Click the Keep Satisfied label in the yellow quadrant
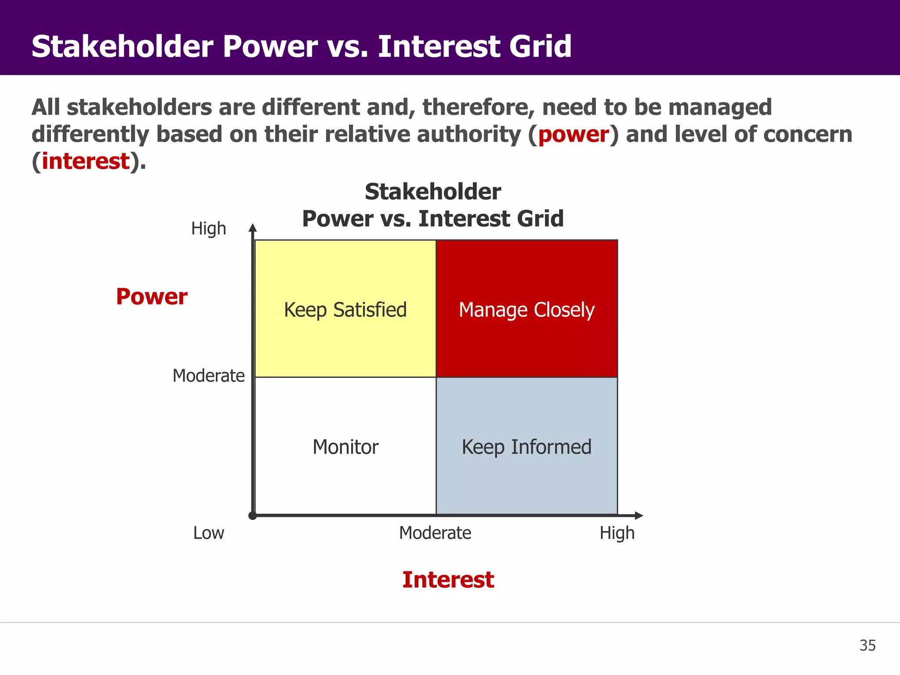point(345,310)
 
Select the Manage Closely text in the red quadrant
point(526,310)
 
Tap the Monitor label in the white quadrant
point(345,447)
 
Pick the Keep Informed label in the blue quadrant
point(526,447)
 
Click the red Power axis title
point(152,297)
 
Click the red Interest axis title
point(448,580)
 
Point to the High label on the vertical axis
point(208,229)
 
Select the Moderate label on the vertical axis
point(208,376)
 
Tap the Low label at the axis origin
point(208,533)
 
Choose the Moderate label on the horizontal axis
point(435,533)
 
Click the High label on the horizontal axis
point(617,533)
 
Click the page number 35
point(867,646)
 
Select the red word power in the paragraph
point(573,134)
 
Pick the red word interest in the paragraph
point(86,161)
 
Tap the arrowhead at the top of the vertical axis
point(253,228)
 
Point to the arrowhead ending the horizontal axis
point(639,515)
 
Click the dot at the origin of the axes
point(253,515)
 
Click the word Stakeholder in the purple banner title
point(122,47)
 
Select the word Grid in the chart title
point(535,219)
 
